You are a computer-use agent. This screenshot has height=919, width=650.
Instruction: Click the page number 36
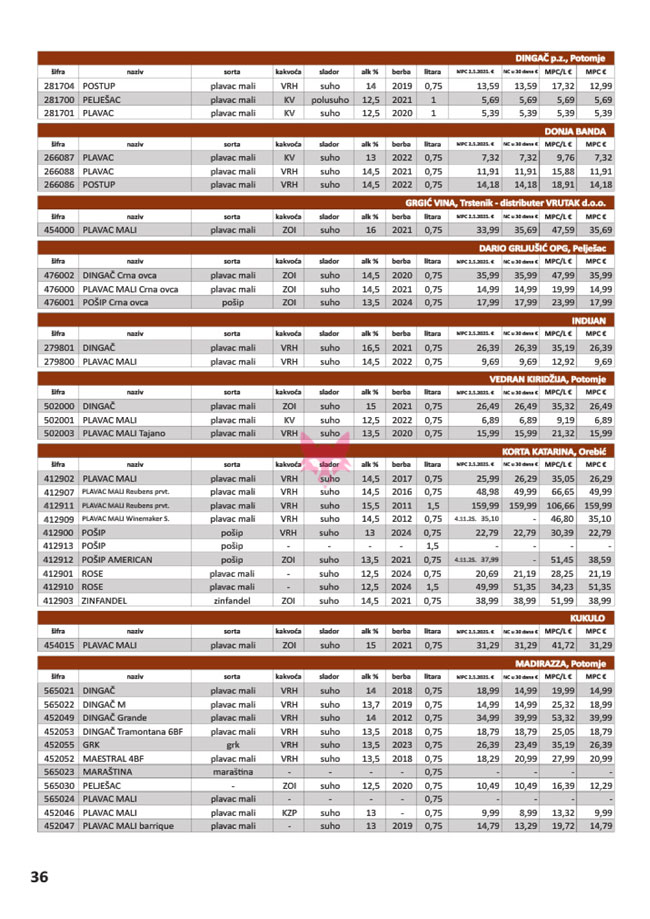[39, 877]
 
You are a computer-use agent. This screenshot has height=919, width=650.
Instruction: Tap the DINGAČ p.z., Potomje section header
[565, 58]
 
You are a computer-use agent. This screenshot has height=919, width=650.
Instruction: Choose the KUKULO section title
[594, 618]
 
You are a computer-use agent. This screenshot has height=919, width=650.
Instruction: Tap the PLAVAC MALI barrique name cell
[130, 826]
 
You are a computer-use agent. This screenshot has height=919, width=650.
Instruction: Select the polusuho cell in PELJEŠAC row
[330, 101]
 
